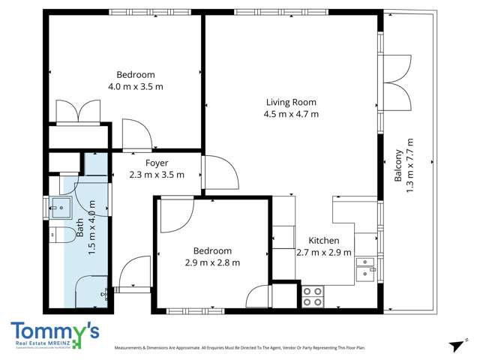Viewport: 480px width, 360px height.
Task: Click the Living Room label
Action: point(291,102)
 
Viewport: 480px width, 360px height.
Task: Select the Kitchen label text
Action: point(324,240)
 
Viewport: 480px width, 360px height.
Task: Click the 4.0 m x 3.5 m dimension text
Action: point(136,86)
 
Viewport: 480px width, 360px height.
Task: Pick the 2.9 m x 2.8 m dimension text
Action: point(212,262)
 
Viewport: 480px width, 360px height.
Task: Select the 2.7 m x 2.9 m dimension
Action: point(324,252)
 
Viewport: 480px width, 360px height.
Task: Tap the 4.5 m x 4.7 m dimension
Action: point(291,114)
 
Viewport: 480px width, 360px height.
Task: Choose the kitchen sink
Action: point(365,268)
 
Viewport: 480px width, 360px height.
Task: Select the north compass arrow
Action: point(454,343)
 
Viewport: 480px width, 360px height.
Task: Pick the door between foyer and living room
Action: point(219,172)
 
